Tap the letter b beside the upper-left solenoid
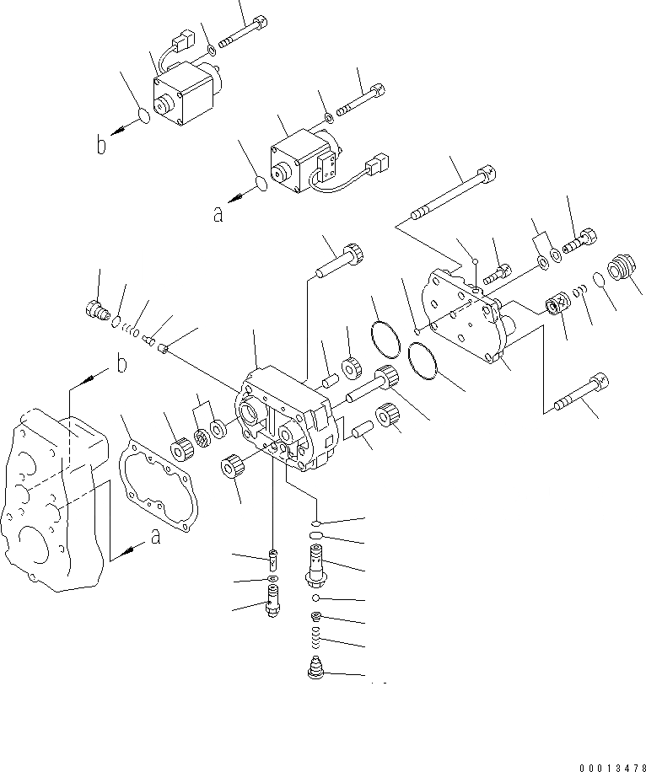[x=101, y=147]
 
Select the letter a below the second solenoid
[x=218, y=214]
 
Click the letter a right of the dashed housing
[x=154, y=536]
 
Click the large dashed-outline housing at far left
[x=55, y=497]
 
